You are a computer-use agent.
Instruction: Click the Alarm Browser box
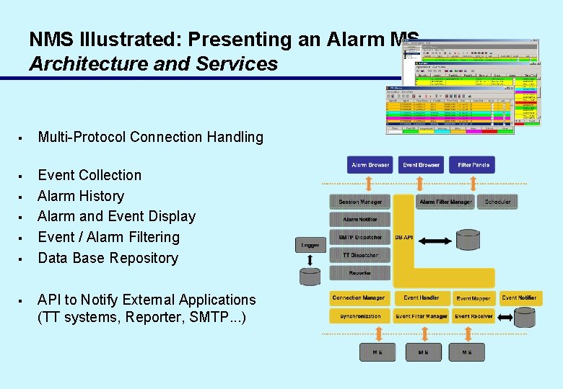tap(370, 165)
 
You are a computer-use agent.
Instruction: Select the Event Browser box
tap(421, 165)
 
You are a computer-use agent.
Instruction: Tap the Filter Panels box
tap(473, 165)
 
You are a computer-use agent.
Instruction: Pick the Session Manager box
tap(359, 202)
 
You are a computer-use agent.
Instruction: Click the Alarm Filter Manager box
tap(445, 202)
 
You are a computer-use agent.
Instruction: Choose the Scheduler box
tap(497, 202)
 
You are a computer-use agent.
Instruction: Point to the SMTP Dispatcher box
tap(359, 237)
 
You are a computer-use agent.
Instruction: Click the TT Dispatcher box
tap(359, 255)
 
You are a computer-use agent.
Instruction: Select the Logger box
tap(310, 246)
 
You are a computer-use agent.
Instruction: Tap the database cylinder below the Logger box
tap(310, 276)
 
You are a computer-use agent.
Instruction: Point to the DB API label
tap(404, 237)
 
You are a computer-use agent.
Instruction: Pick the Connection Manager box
tap(359, 298)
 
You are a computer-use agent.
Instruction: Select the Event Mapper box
tap(473, 298)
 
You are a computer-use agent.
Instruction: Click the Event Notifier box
tap(519, 298)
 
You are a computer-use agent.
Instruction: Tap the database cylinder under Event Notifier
tap(525, 318)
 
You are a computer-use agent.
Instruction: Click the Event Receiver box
tap(473, 316)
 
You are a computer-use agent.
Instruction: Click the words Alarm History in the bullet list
tap(81, 196)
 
